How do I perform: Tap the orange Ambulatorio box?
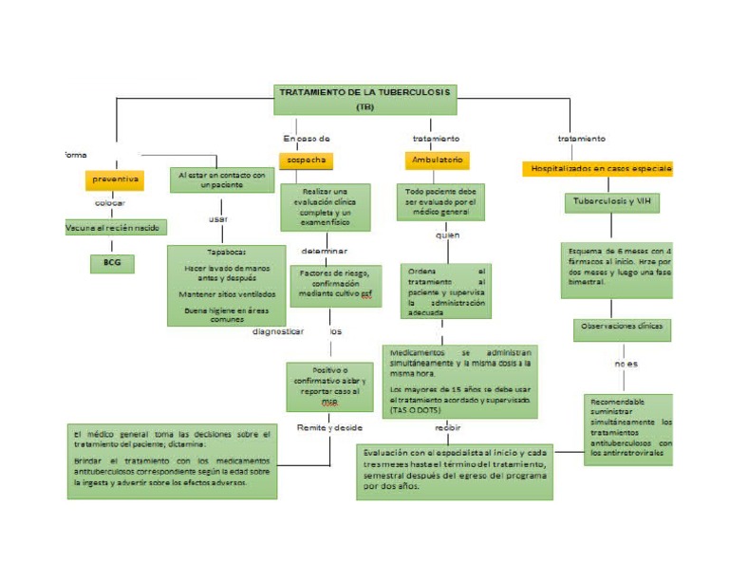pyautogui.click(x=437, y=160)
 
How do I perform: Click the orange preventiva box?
pyautogui.click(x=116, y=179)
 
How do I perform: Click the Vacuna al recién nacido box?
pyautogui.click(x=116, y=228)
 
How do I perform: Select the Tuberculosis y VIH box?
pyautogui.click(x=610, y=202)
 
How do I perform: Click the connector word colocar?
pyautogui.click(x=110, y=203)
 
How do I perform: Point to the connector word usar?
pyautogui.click(x=218, y=219)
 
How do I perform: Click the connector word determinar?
pyautogui.click(x=325, y=252)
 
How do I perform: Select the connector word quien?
pyautogui.click(x=447, y=235)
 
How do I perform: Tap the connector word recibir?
pyautogui.click(x=447, y=428)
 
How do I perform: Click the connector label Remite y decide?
pyautogui.click(x=329, y=427)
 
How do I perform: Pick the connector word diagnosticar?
pyautogui.click(x=278, y=331)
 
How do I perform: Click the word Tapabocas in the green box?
pyautogui.click(x=226, y=253)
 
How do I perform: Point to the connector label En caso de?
pyautogui.click(x=307, y=139)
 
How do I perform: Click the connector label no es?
pyautogui.click(x=626, y=364)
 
